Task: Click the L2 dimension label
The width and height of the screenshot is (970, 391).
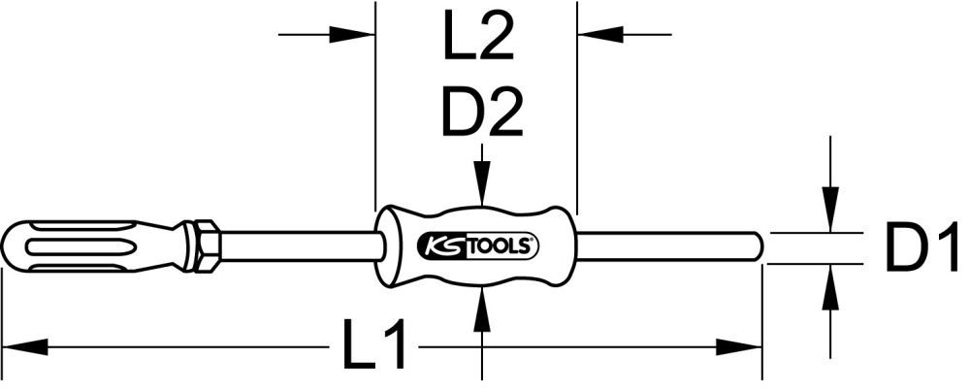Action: click(477, 42)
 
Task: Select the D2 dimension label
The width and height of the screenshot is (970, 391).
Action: click(482, 113)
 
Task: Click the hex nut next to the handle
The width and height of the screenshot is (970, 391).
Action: click(206, 246)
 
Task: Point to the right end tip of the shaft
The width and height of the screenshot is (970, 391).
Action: click(758, 246)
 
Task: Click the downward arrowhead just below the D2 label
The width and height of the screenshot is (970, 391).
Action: click(482, 189)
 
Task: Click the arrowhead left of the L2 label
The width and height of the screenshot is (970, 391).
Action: click(359, 35)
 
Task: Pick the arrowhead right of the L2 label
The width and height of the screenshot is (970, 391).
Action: click(594, 35)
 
